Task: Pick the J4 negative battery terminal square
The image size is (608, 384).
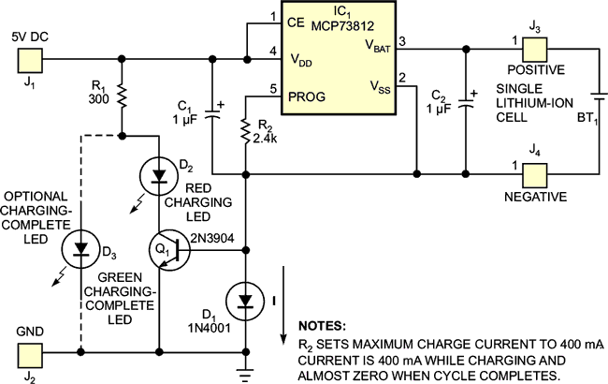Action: (534, 175)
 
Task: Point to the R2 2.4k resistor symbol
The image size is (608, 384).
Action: (245, 132)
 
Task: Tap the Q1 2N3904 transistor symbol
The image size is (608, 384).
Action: (168, 251)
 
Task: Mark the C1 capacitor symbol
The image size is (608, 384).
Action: (213, 116)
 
